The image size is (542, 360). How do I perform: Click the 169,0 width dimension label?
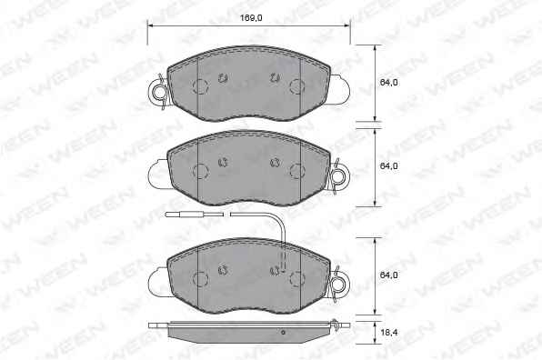pyautogui.click(x=251, y=17)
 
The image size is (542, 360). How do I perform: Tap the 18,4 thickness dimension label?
pyautogui.click(x=388, y=333)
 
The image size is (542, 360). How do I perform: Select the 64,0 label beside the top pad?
pyautogui.click(x=388, y=83)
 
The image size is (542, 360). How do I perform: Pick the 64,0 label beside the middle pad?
pyautogui.click(x=388, y=165)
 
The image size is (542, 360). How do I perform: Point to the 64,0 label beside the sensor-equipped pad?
pyautogui.click(x=388, y=275)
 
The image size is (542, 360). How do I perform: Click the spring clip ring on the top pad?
pyautogui.click(x=159, y=92)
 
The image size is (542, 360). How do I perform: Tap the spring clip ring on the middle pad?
pyautogui.click(x=338, y=176)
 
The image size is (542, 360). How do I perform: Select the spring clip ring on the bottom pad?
pyautogui.click(x=338, y=285)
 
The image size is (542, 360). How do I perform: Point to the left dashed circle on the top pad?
pyautogui.click(x=201, y=86)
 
